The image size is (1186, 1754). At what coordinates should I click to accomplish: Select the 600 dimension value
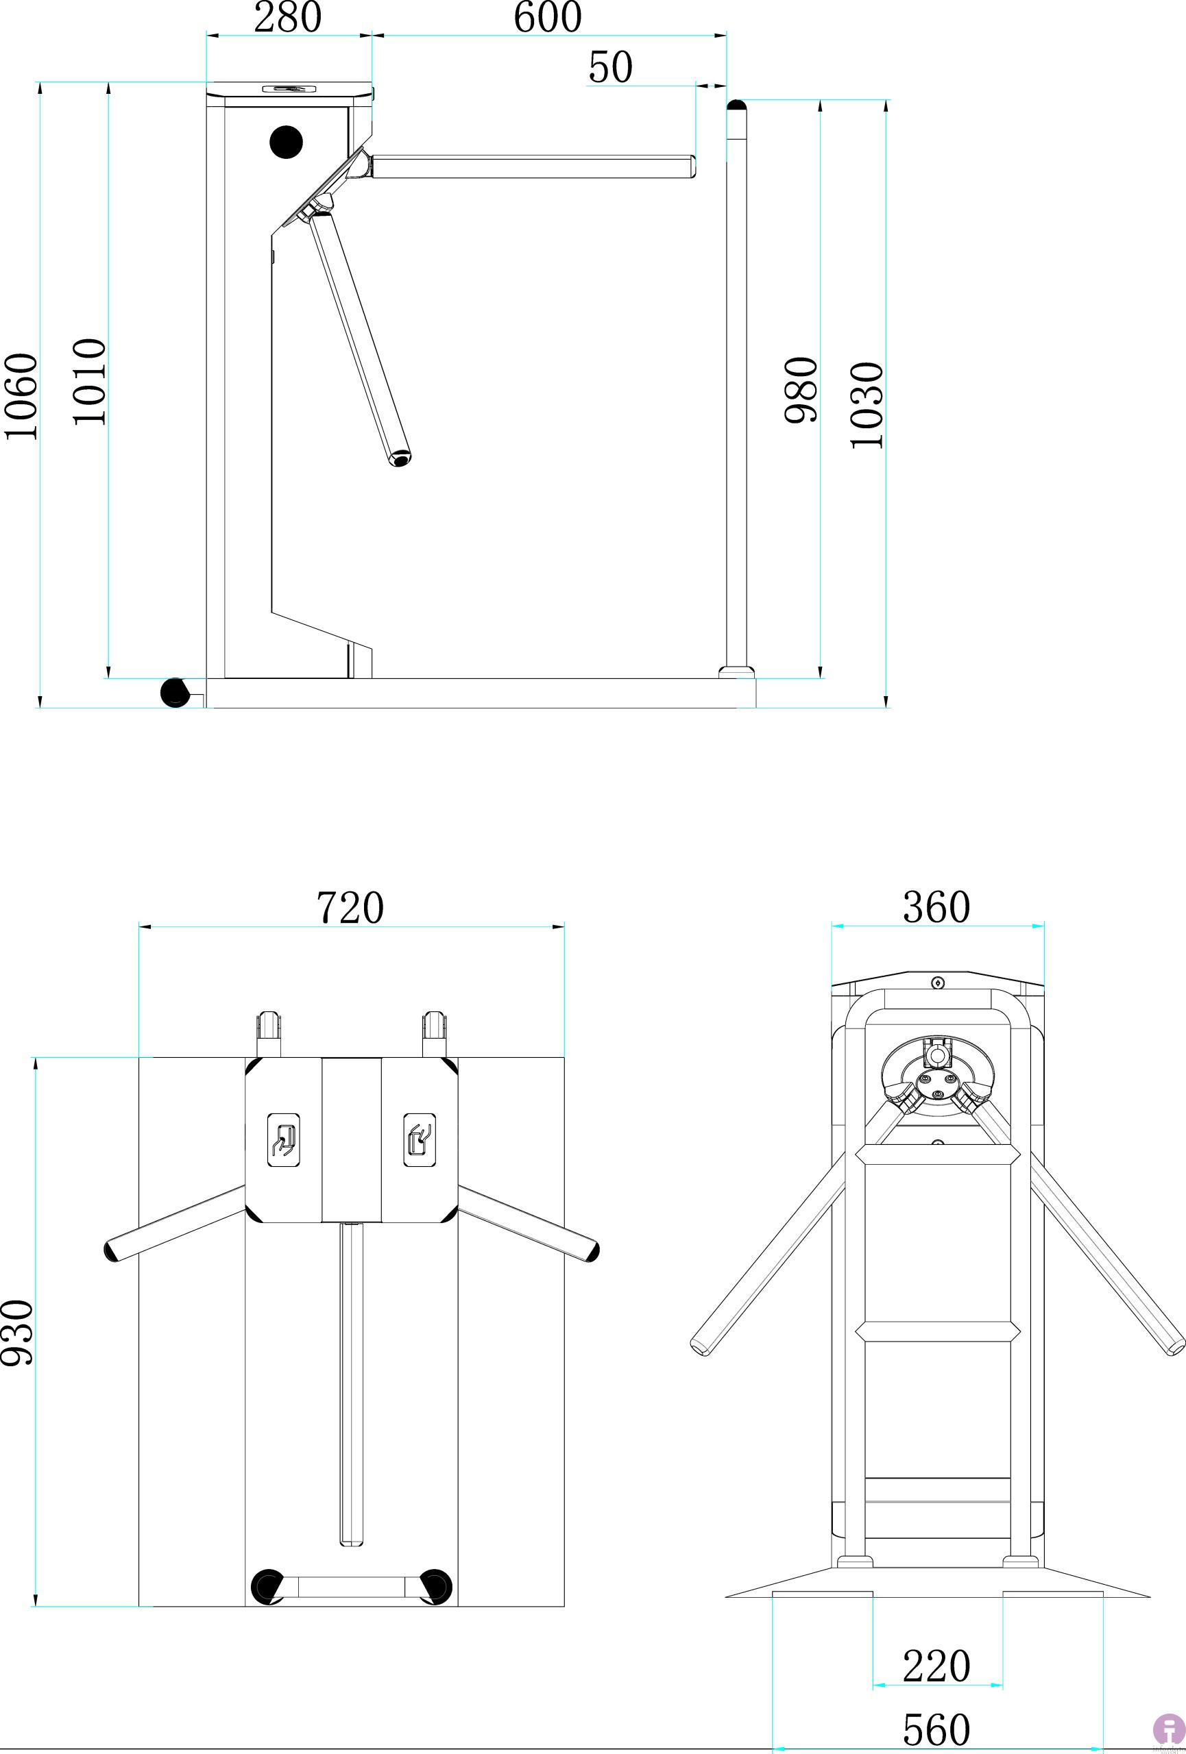(x=547, y=17)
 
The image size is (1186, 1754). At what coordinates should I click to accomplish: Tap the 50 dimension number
(x=610, y=67)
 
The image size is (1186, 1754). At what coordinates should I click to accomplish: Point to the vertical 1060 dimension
(x=22, y=395)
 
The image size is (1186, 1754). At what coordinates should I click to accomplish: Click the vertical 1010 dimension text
(x=90, y=382)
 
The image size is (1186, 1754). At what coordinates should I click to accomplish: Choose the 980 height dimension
(x=801, y=389)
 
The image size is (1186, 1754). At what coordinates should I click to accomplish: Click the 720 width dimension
(x=350, y=907)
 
